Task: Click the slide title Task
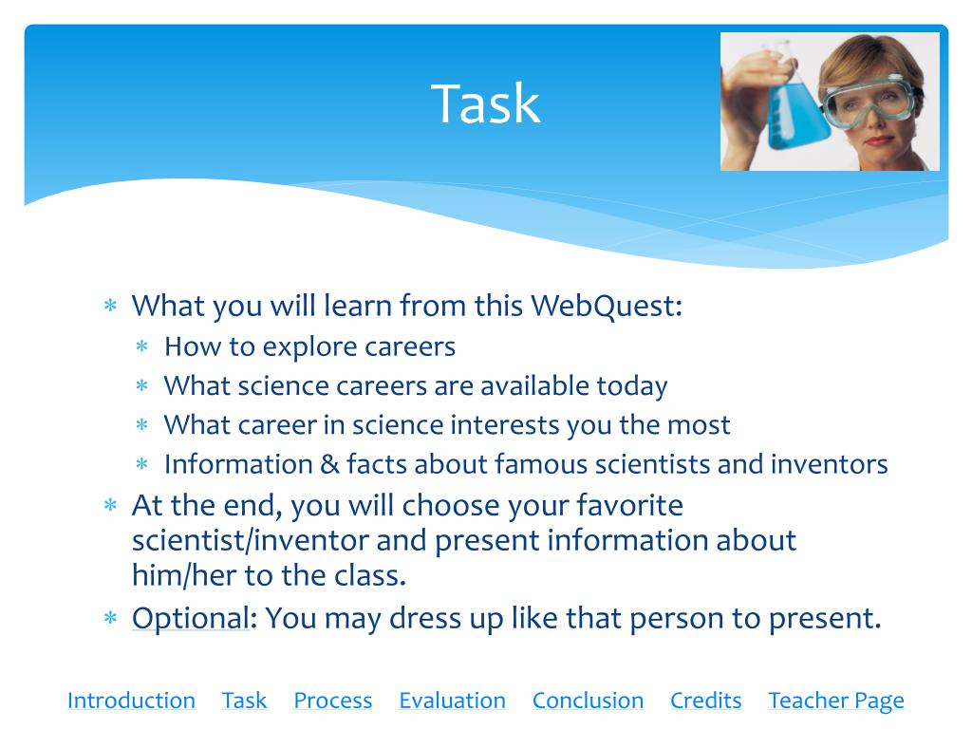click(486, 103)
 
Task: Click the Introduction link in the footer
click(131, 701)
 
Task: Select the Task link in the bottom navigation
click(244, 701)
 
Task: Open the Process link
click(332, 701)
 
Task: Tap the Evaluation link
click(452, 701)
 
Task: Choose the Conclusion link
click(588, 701)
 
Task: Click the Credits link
click(705, 701)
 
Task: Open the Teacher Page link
click(835, 701)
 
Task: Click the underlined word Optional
click(190, 618)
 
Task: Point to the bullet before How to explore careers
click(142, 347)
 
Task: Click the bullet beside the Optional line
click(110, 619)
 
